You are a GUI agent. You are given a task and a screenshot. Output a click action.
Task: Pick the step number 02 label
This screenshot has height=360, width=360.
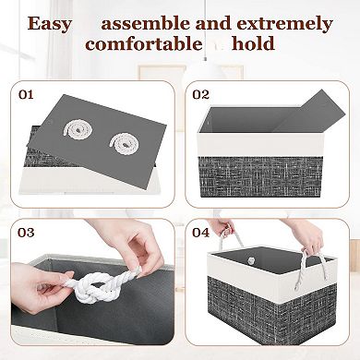tap(200, 93)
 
